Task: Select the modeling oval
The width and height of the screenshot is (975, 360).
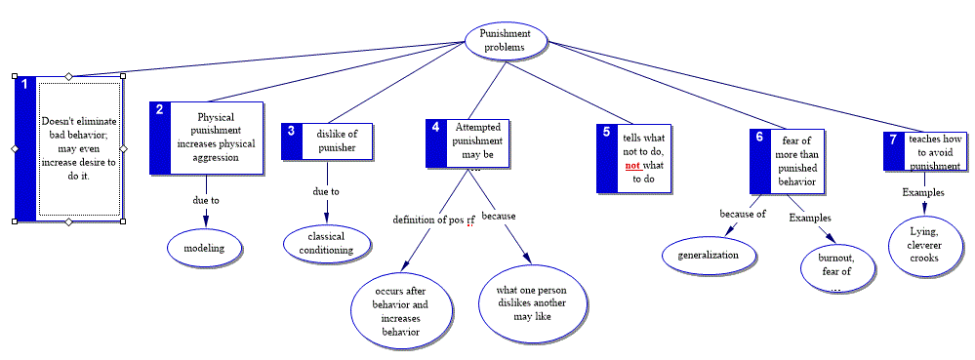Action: click(x=206, y=248)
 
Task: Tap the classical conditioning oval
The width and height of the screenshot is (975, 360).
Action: click(x=327, y=244)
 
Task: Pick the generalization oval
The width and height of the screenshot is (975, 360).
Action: click(x=710, y=256)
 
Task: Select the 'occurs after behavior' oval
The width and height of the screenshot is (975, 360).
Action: click(x=400, y=310)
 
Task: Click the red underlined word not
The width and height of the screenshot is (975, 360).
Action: click(x=633, y=166)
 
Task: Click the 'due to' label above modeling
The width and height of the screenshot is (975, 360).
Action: click(x=206, y=200)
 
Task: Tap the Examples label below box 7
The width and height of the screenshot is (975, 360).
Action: click(x=923, y=192)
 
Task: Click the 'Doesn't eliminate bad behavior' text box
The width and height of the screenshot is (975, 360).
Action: click(x=79, y=148)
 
